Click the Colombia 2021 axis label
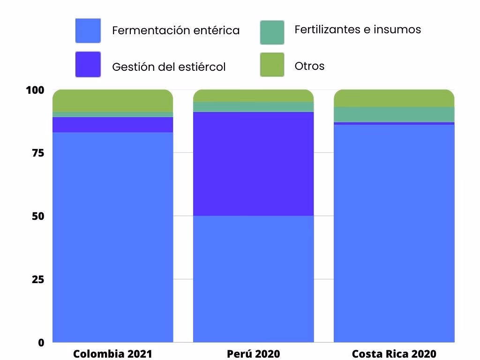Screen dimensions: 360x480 click(112, 353)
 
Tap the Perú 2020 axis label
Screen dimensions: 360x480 click(253, 353)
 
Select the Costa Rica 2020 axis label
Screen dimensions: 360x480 click(394, 353)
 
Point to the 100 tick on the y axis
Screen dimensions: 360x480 click(35, 90)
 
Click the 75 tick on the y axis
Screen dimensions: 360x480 click(37, 153)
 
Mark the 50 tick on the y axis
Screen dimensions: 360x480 click(37, 217)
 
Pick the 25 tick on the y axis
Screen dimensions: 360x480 click(37, 280)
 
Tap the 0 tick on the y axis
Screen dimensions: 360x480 click(41, 343)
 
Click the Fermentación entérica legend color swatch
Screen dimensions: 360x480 click(88, 30)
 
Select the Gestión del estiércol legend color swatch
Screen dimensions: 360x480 click(88, 64)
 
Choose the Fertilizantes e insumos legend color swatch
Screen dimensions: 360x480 click(272, 32)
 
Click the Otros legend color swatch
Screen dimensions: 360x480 click(272, 64)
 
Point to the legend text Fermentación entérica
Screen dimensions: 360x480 click(176, 30)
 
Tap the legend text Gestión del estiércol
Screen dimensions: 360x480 click(169, 67)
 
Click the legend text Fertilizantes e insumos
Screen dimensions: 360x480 click(358, 30)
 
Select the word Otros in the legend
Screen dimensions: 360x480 click(309, 66)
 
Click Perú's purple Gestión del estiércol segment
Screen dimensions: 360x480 click(253, 164)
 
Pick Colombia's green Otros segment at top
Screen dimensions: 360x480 click(112, 100)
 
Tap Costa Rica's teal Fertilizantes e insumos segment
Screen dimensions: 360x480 click(394, 114)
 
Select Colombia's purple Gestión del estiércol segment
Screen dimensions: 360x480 click(112, 125)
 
